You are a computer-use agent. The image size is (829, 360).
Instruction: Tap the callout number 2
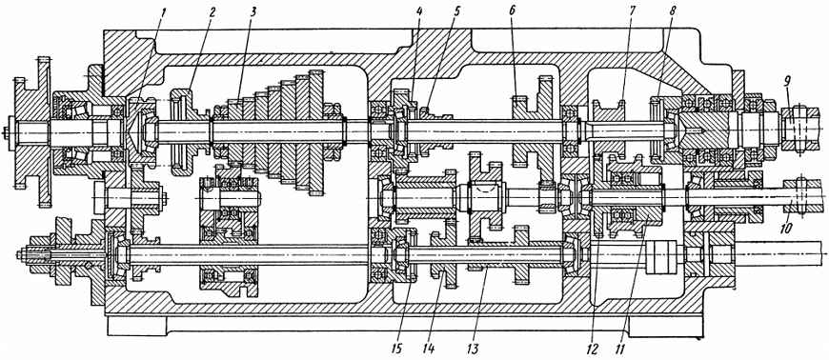[212, 11]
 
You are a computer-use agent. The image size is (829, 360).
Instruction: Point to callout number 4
[418, 10]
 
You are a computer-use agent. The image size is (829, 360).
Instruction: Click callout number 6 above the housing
[513, 11]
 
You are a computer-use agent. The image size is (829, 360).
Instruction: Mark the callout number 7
[633, 10]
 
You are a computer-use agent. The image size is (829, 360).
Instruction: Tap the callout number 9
[787, 82]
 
